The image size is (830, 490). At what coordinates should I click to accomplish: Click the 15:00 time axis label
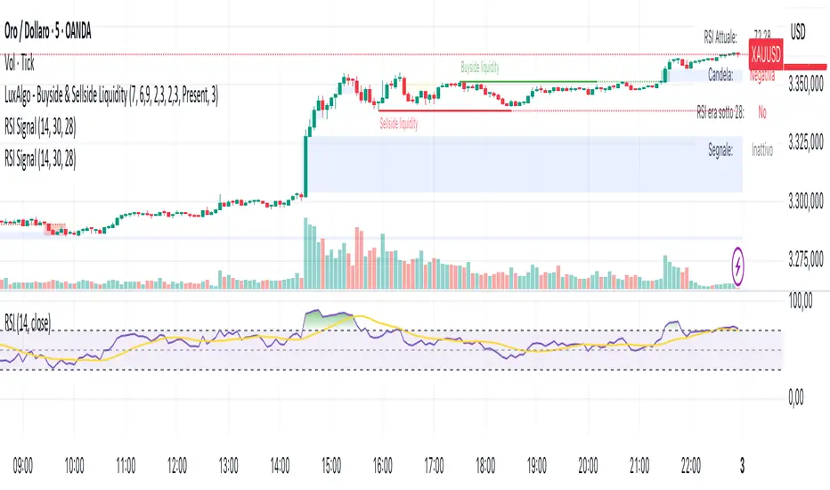(x=332, y=464)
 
